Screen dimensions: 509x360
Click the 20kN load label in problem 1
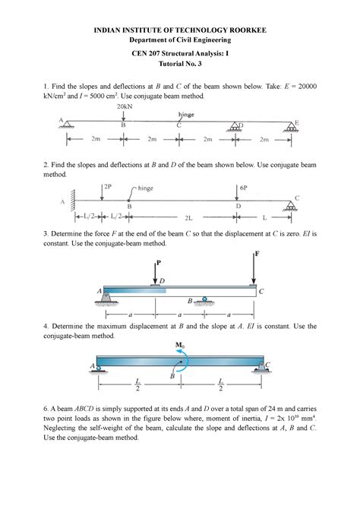pyautogui.click(x=125, y=107)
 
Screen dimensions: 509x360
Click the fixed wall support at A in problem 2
pyautogui.click(x=72, y=201)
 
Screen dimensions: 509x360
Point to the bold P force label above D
pyautogui.click(x=158, y=263)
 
